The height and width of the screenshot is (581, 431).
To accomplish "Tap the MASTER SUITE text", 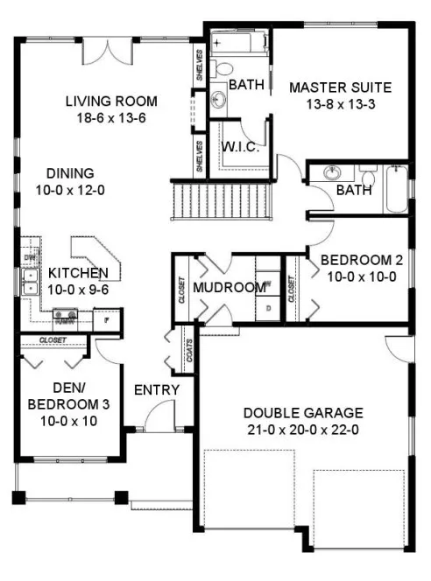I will pyautogui.click(x=339, y=87).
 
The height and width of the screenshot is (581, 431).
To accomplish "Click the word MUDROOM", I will pyautogui.click(x=229, y=287).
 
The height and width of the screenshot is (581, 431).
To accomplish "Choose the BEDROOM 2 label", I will pyautogui.click(x=361, y=260).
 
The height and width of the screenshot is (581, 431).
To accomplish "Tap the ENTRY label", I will pyautogui.click(x=157, y=389).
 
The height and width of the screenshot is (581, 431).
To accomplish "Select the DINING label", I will pyautogui.click(x=69, y=172).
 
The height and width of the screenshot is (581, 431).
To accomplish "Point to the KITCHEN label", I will pyautogui.click(x=78, y=272).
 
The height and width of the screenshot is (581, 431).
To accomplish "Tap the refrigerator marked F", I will pyautogui.click(x=106, y=320).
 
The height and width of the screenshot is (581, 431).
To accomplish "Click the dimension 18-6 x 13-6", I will pyautogui.click(x=111, y=118).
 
